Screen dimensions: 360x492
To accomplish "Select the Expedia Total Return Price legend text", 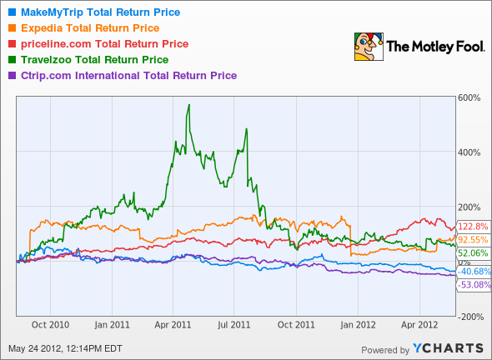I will (x=83, y=27).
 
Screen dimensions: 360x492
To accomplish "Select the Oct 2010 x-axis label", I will (x=51, y=325).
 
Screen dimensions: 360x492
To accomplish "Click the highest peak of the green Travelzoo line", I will (x=189, y=105).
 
